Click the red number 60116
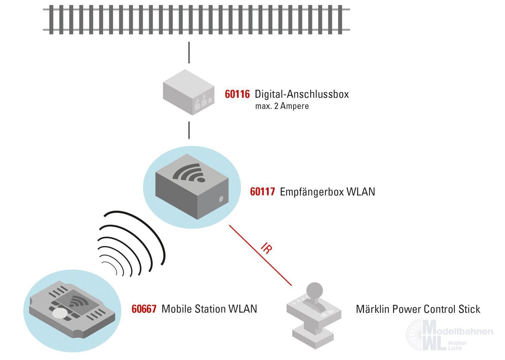(x=237, y=94)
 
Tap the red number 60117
(x=262, y=192)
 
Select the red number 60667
(x=144, y=309)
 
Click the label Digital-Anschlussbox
(x=302, y=94)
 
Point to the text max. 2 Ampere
(x=282, y=106)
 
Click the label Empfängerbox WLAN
(x=327, y=192)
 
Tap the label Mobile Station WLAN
(x=209, y=309)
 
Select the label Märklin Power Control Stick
(x=418, y=309)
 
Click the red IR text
(x=266, y=248)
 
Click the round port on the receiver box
(x=221, y=199)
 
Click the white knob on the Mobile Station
(x=60, y=313)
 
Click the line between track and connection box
(x=189, y=52)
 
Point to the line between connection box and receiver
(x=189, y=130)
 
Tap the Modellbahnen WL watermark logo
(x=449, y=335)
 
